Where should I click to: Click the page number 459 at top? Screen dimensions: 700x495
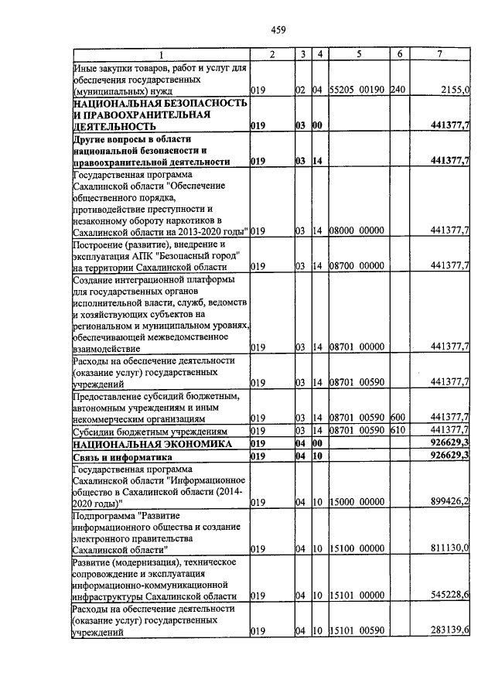click(278, 30)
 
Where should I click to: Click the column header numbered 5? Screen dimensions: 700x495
click(359, 54)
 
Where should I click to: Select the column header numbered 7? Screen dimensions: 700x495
click(439, 54)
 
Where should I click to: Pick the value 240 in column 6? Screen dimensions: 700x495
click(398, 90)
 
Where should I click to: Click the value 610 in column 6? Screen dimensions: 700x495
click(398, 431)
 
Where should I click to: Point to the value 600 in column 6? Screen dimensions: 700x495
click(398, 418)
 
